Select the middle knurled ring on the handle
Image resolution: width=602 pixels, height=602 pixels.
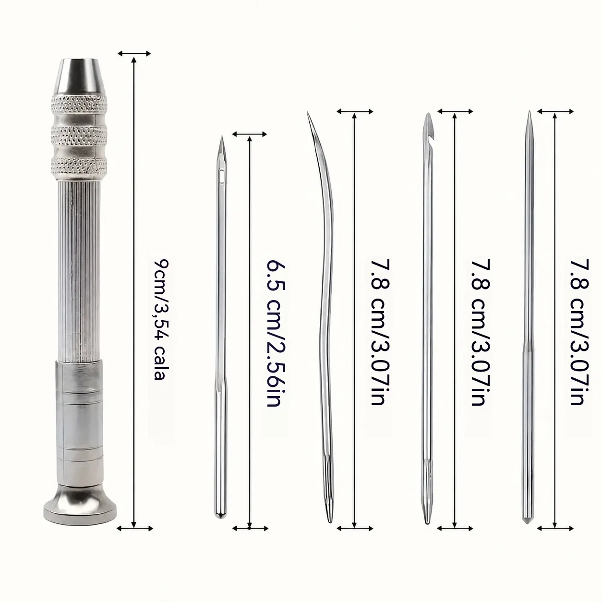tap(79, 135)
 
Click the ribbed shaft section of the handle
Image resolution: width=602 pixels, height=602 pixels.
tap(79, 270)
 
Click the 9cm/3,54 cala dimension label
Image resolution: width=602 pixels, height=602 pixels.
tap(161, 319)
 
